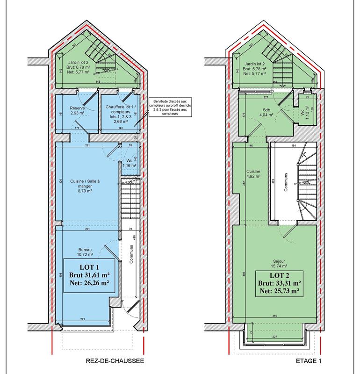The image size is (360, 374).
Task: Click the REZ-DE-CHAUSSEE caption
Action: tap(115, 361)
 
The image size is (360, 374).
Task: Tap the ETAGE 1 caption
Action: tap(309, 361)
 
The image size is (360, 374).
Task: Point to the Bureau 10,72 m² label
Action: tap(85, 252)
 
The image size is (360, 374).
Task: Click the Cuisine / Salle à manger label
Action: tap(85, 184)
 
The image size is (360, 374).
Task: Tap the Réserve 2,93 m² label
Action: tap(74, 110)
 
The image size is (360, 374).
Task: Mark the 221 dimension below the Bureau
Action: tap(83, 319)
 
